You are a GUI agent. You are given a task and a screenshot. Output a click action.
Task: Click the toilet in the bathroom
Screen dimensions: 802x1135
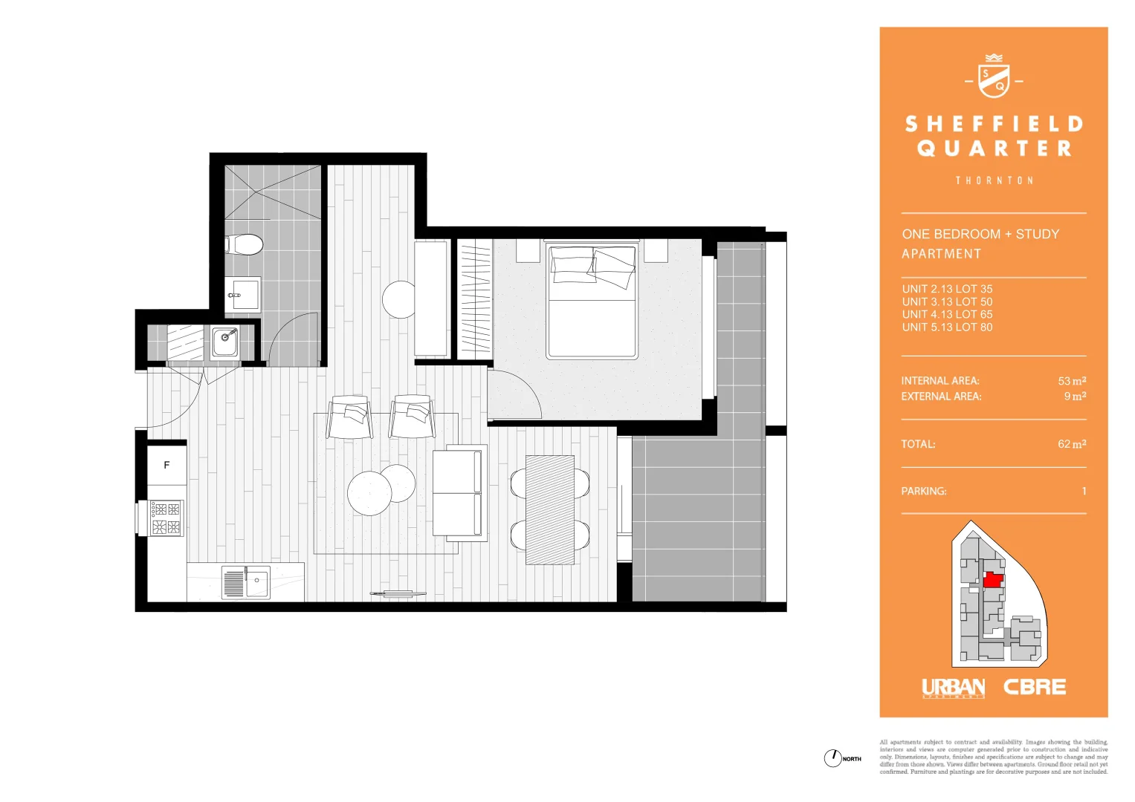coord(245,244)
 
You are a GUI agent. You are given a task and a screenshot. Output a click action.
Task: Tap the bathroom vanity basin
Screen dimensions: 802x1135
coord(242,295)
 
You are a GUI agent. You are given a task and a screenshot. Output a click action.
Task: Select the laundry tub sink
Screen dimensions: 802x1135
coord(224,342)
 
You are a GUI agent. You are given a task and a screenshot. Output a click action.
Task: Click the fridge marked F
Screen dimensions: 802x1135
coord(166,465)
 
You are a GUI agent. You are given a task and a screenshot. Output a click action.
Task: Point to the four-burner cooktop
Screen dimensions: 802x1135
coord(166,518)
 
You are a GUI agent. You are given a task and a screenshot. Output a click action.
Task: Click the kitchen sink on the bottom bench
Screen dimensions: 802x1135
coord(246,582)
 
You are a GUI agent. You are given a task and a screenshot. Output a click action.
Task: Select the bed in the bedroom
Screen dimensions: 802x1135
coord(592,301)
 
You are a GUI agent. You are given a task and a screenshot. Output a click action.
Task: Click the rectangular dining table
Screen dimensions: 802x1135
coord(550,509)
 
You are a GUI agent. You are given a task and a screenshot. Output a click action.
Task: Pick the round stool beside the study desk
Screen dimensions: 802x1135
coord(399,299)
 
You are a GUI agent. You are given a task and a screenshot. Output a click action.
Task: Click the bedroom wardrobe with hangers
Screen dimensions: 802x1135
coord(474,299)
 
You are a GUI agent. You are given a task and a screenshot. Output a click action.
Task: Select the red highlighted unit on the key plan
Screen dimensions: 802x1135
coord(993,580)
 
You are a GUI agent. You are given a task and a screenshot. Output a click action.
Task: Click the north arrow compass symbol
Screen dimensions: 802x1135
coord(832,758)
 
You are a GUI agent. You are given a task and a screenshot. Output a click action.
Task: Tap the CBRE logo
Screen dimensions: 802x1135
coord(1035,688)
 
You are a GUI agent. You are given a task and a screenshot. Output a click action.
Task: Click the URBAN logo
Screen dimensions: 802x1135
coord(953,688)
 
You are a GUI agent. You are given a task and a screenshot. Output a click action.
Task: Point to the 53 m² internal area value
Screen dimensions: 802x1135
coord(1072,381)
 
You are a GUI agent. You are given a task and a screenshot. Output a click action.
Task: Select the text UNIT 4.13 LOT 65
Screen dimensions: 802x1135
coord(947,314)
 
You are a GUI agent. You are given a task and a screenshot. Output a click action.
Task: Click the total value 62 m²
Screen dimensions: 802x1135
coord(1072,444)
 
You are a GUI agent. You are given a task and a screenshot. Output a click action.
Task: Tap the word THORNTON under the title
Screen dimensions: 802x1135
coord(994,180)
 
